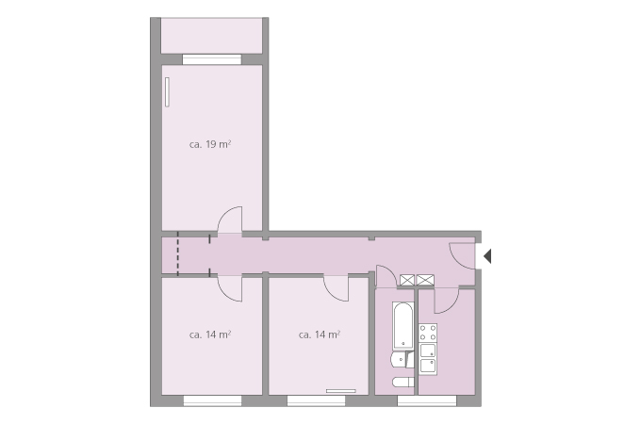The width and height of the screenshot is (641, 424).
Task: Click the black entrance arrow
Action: (x=487, y=256)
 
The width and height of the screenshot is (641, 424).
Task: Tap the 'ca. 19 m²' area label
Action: (x=210, y=144)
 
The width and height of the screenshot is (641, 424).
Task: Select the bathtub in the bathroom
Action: (x=403, y=326)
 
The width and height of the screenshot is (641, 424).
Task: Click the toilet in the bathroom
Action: (x=403, y=383)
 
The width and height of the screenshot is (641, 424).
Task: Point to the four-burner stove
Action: (x=428, y=333)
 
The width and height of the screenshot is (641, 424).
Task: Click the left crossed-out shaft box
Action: (x=407, y=280)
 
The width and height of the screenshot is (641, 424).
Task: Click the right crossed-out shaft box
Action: (x=425, y=280)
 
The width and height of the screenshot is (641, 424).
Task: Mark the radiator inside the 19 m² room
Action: (x=167, y=92)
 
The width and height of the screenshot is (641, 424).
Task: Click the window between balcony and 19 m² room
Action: (x=212, y=59)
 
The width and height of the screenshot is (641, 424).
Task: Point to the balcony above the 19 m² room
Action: (x=211, y=36)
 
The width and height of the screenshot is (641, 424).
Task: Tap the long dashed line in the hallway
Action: (x=178, y=253)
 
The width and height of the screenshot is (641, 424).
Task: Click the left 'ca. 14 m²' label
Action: (x=210, y=334)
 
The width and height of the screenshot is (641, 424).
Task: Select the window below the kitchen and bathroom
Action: (x=427, y=400)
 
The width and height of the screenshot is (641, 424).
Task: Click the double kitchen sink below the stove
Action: (x=428, y=359)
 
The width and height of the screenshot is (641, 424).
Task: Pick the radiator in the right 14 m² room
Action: (x=341, y=391)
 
